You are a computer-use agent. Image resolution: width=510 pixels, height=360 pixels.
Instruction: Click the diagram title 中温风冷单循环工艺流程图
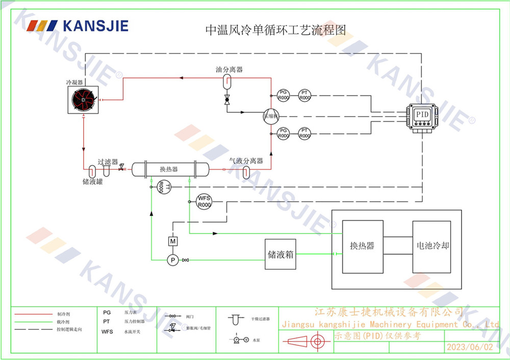(275, 30)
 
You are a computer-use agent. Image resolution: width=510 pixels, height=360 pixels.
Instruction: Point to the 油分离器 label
(228, 69)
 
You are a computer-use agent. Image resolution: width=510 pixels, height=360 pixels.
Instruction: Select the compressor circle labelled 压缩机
(270, 116)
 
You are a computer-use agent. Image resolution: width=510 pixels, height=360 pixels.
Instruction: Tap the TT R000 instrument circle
(162, 187)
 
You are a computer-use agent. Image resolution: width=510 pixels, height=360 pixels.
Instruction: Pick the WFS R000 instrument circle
(204, 201)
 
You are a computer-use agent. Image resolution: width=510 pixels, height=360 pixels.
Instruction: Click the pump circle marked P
(172, 260)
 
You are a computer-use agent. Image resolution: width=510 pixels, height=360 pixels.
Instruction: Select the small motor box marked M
(172, 241)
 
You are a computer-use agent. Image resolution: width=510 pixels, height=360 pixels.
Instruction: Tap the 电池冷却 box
(431, 246)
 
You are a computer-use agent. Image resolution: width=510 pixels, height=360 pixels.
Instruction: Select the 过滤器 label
(108, 162)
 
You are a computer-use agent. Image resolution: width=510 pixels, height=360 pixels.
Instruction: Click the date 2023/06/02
(470, 347)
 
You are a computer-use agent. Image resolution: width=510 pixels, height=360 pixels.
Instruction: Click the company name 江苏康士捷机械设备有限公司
(389, 312)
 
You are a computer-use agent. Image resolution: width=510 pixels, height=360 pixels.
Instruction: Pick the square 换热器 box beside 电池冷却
(362, 246)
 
